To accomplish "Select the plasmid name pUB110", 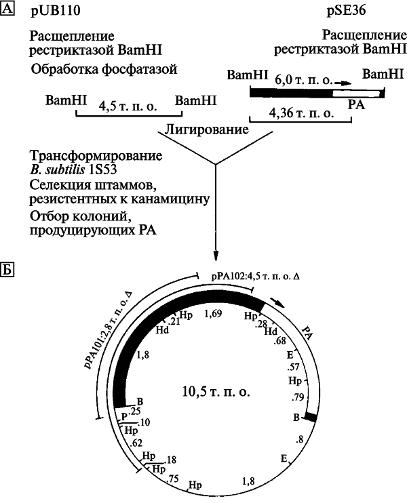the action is [x=56, y=11].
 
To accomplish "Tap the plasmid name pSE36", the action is [x=346, y=11].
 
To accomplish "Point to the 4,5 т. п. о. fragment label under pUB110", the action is [x=128, y=106].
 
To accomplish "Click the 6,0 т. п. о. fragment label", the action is [x=304, y=80].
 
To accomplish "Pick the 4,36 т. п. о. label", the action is [x=301, y=113].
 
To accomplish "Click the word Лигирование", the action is [x=207, y=129].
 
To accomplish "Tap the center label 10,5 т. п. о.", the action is [x=216, y=391].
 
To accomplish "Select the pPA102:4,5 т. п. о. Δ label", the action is [x=256, y=277].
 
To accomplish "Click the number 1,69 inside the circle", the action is [x=213, y=313].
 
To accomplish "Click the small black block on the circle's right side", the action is [x=311, y=417].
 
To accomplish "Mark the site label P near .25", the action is [x=125, y=417].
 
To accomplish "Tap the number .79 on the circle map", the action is [x=298, y=397].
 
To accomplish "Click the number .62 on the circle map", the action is [x=136, y=443].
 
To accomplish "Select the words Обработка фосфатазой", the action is [x=104, y=69].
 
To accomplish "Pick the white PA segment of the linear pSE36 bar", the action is [x=356, y=94].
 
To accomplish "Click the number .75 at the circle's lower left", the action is [x=173, y=479].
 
